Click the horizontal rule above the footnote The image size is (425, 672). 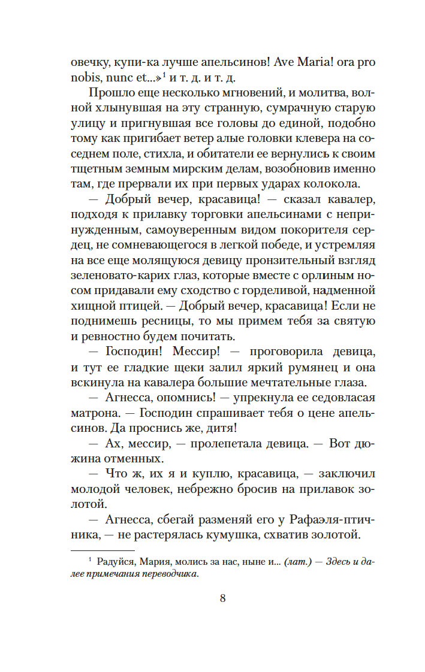[103, 550]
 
